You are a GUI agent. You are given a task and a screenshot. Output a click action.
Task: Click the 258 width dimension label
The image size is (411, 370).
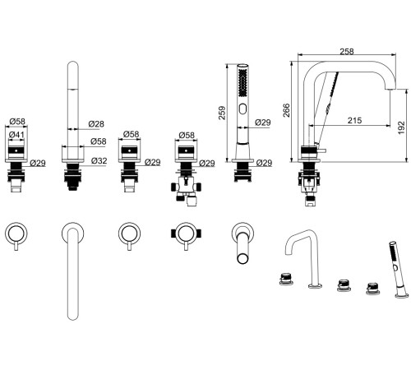[x=347, y=51]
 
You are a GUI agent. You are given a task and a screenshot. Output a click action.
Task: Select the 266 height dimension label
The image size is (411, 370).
[x=286, y=110]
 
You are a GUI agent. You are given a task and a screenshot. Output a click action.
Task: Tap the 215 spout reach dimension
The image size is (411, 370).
[x=354, y=120]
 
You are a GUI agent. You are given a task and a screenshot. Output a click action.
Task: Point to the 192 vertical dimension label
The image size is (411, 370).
[x=401, y=127]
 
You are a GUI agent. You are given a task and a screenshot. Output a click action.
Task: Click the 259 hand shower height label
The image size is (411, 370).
[x=222, y=113]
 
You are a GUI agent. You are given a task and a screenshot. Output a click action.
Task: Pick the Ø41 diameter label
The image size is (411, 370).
[x=16, y=135]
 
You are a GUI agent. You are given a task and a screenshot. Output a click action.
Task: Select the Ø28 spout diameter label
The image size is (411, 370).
[x=96, y=124]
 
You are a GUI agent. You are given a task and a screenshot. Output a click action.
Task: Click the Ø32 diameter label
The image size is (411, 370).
[x=99, y=160]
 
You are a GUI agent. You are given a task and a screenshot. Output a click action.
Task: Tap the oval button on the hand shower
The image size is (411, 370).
[x=242, y=109]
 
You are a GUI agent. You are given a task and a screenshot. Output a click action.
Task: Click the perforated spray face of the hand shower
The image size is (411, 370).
[x=242, y=82]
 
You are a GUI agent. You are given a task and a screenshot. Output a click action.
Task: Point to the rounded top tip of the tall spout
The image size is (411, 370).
[x=73, y=62]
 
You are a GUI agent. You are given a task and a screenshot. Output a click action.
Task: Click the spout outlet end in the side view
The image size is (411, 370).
[x=390, y=88]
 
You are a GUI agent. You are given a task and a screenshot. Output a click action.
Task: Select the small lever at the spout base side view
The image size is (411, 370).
[x=321, y=150]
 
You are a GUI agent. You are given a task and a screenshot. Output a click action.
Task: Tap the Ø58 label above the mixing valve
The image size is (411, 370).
[x=187, y=135]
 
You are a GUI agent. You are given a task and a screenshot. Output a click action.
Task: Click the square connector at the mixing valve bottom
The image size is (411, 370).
[x=192, y=202]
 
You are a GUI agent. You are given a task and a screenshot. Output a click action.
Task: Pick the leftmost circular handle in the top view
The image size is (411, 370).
[x=16, y=234]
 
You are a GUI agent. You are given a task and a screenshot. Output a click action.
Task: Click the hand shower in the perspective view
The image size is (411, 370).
[x=396, y=270]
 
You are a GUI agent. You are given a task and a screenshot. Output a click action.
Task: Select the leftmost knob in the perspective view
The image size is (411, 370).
[x=286, y=279]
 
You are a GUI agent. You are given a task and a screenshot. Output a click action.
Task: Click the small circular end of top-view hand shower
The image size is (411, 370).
[x=242, y=258]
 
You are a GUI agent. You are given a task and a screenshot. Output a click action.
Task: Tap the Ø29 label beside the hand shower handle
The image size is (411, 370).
[x=263, y=123]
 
